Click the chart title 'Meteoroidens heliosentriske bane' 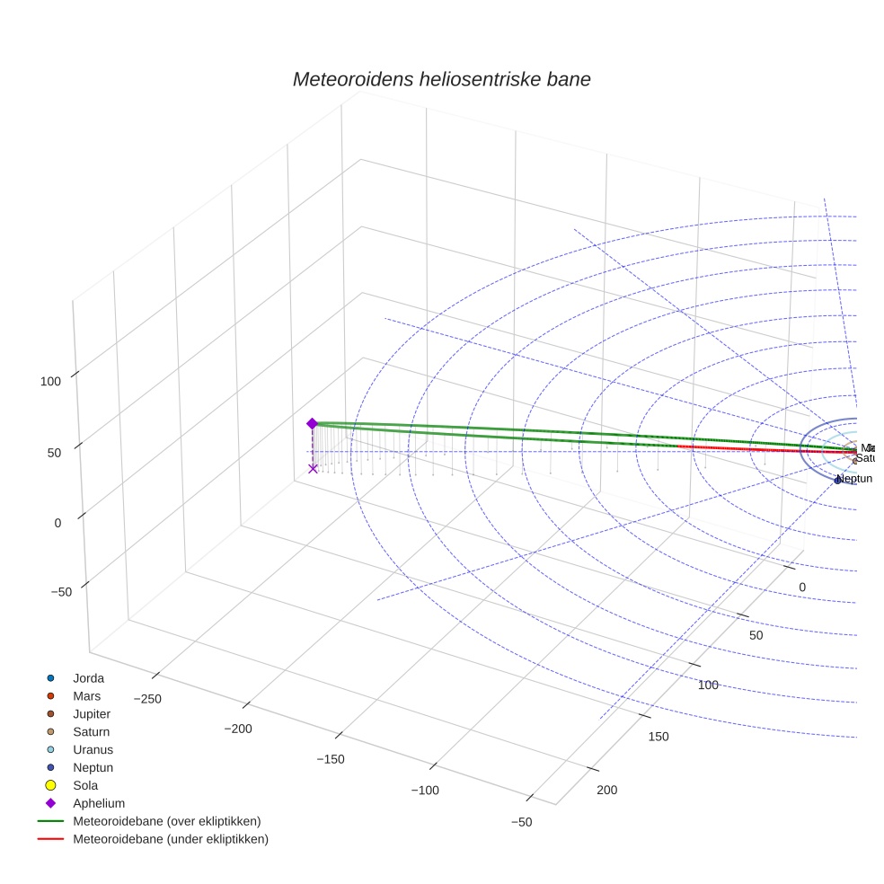(x=441, y=79)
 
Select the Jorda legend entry (x=88, y=678)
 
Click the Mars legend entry (x=86, y=696)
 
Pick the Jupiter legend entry (x=92, y=714)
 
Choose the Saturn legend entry (x=91, y=732)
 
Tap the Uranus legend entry (x=93, y=749)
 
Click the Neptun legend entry (x=93, y=767)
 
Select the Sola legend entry (x=85, y=785)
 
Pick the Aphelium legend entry (x=98, y=803)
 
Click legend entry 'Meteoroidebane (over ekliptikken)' (x=166, y=821)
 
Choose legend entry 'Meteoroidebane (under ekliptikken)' (x=170, y=839)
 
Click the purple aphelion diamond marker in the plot (x=313, y=424)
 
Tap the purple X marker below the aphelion (x=313, y=468)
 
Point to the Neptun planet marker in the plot (x=837, y=481)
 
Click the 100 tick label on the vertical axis (x=50, y=381)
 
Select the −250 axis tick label (x=147, y=699)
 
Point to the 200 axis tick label (x=607, y=790)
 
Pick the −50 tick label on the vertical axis (x=62, y=592)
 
